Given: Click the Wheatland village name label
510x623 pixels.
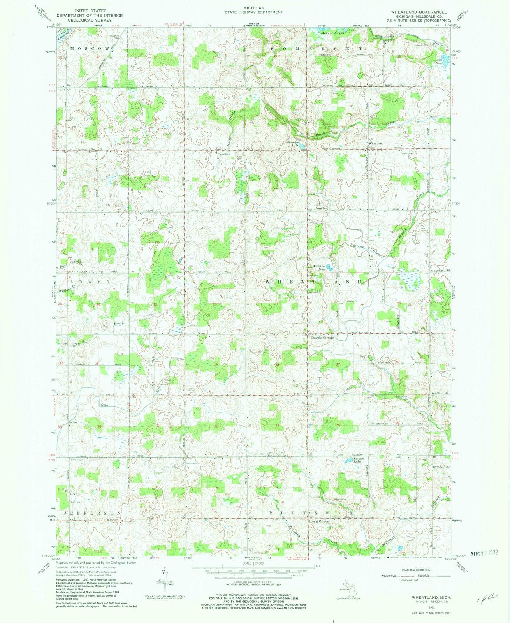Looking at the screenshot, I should [376, 144].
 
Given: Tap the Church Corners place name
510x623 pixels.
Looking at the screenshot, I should [322, 338].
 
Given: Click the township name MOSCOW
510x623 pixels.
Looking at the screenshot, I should [90, 48].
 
